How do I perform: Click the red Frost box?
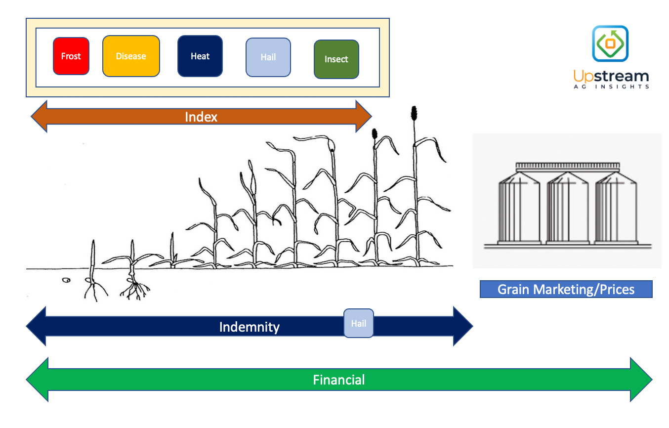[71, 56]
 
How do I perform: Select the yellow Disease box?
[131, 56]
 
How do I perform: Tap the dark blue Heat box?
[200, 56]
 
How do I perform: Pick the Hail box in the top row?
[268, 57]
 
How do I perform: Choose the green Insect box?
[336, 59]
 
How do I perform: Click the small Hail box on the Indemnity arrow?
[359, 324]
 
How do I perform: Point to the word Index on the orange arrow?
[201, 117]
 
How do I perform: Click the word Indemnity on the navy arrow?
[249, 327]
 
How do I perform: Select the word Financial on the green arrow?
[339, 380]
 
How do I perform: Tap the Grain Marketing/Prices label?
[566, 289]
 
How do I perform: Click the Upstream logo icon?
[610, 43]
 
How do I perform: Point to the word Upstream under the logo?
[611, 76]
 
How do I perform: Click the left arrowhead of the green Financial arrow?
[38, 380]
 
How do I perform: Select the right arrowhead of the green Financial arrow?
[641, 380]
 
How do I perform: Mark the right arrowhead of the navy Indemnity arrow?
[462, 326]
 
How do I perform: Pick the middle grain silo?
[567, 208]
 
